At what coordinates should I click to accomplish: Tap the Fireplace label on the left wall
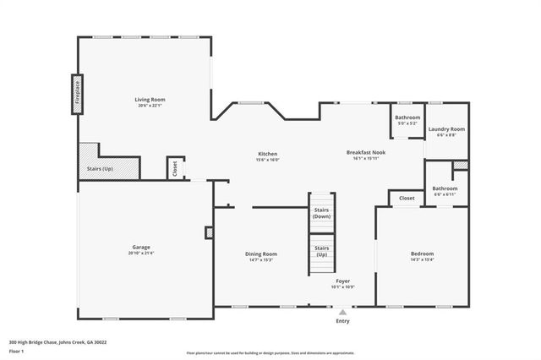point(77,90)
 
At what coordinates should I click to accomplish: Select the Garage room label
point(140,247)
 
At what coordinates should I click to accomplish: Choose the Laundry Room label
point(446,129)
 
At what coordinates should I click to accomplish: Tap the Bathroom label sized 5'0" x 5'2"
point(407,117)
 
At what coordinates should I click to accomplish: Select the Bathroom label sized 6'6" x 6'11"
point(445,188)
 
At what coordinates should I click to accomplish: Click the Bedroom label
point(422,253)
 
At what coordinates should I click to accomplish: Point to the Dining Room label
point(261,254)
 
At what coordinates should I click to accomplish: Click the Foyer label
point(342,280)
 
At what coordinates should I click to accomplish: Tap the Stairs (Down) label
point(321,212)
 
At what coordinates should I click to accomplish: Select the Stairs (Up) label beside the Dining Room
point(321,251)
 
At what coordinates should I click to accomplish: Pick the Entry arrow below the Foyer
point(342,312)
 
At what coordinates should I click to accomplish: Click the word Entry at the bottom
point(342,321)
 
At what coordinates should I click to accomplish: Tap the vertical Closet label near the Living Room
point(176,168)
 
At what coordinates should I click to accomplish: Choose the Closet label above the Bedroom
point(407,198)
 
